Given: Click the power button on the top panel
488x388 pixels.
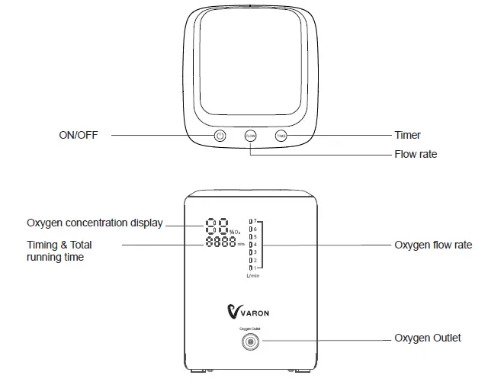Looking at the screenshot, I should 220,136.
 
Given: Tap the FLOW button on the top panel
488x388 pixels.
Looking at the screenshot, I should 250,136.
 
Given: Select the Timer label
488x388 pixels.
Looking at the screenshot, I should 407,136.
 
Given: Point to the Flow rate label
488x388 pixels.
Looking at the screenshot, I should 416,154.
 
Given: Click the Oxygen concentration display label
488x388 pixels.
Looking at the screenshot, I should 95,223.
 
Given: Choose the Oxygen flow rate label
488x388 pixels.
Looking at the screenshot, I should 432,245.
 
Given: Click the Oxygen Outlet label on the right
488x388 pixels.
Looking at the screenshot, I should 427,338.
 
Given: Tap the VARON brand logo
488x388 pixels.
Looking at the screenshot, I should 249,311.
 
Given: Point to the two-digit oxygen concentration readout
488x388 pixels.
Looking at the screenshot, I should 216,226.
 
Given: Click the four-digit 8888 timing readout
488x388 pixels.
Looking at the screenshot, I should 220,243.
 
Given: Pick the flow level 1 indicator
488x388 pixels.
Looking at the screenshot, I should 252,268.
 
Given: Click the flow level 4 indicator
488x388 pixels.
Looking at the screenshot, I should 252,245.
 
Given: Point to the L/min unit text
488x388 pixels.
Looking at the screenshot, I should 254,277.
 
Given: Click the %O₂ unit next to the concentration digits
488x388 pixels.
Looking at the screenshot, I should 236,231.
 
